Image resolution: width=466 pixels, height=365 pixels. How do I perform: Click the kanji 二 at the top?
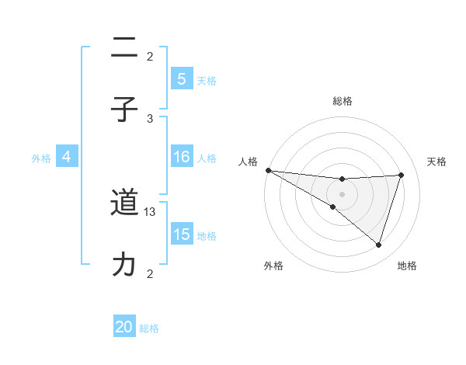(124, 48)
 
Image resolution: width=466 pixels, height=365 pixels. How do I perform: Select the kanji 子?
(124, 109)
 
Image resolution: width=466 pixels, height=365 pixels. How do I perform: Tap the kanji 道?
(124, 203)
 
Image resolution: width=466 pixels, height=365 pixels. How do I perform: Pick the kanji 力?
(124, 264)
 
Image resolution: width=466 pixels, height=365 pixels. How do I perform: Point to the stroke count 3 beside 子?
(150, 118)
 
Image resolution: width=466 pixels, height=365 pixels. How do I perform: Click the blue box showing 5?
(181, 78)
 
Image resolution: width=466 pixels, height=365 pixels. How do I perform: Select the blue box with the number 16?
(181, 157)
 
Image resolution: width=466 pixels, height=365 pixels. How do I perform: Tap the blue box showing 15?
(181, 235)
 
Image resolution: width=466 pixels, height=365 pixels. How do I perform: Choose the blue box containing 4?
(66, 157)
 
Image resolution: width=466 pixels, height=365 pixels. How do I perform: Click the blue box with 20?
(124, 327)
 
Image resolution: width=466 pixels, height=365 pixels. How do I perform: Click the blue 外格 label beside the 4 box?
(41, 158)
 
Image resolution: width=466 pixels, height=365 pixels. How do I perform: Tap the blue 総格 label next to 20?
(149, 328)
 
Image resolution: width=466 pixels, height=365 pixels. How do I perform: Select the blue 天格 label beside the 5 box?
(207, 80)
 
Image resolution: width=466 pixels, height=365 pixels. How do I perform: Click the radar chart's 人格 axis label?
(248, 162)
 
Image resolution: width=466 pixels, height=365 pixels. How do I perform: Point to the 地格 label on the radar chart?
(407, 266)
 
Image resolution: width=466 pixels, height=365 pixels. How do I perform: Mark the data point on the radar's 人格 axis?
(268, 169)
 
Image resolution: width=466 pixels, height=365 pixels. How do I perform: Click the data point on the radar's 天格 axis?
(401, 175)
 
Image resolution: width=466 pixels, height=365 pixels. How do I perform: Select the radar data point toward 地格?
(379, 245)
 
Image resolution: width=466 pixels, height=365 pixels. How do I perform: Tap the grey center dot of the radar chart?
(342, 193)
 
